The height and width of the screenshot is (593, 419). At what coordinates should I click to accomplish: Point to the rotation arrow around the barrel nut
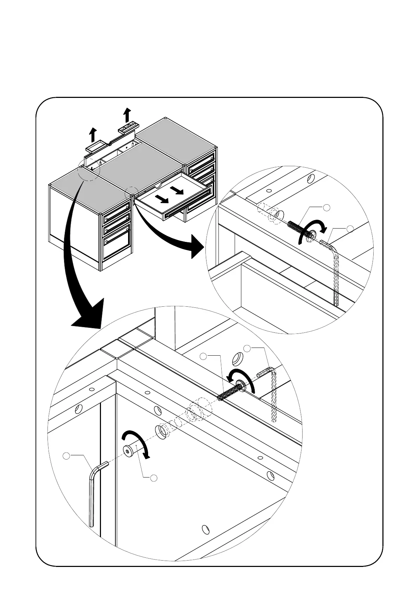137,442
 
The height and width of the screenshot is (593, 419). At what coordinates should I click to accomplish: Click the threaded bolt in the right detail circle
299,229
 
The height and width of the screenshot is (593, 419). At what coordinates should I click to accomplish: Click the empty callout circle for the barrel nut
153,478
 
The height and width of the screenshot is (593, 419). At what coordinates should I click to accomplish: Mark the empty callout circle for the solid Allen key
66,456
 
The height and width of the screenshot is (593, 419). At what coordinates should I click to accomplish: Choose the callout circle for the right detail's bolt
327,207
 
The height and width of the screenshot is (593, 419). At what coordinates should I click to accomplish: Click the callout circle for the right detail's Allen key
350,229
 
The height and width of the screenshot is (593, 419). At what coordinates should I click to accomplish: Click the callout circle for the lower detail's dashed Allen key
247,349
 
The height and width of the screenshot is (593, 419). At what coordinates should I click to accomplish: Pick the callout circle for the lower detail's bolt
203,356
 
